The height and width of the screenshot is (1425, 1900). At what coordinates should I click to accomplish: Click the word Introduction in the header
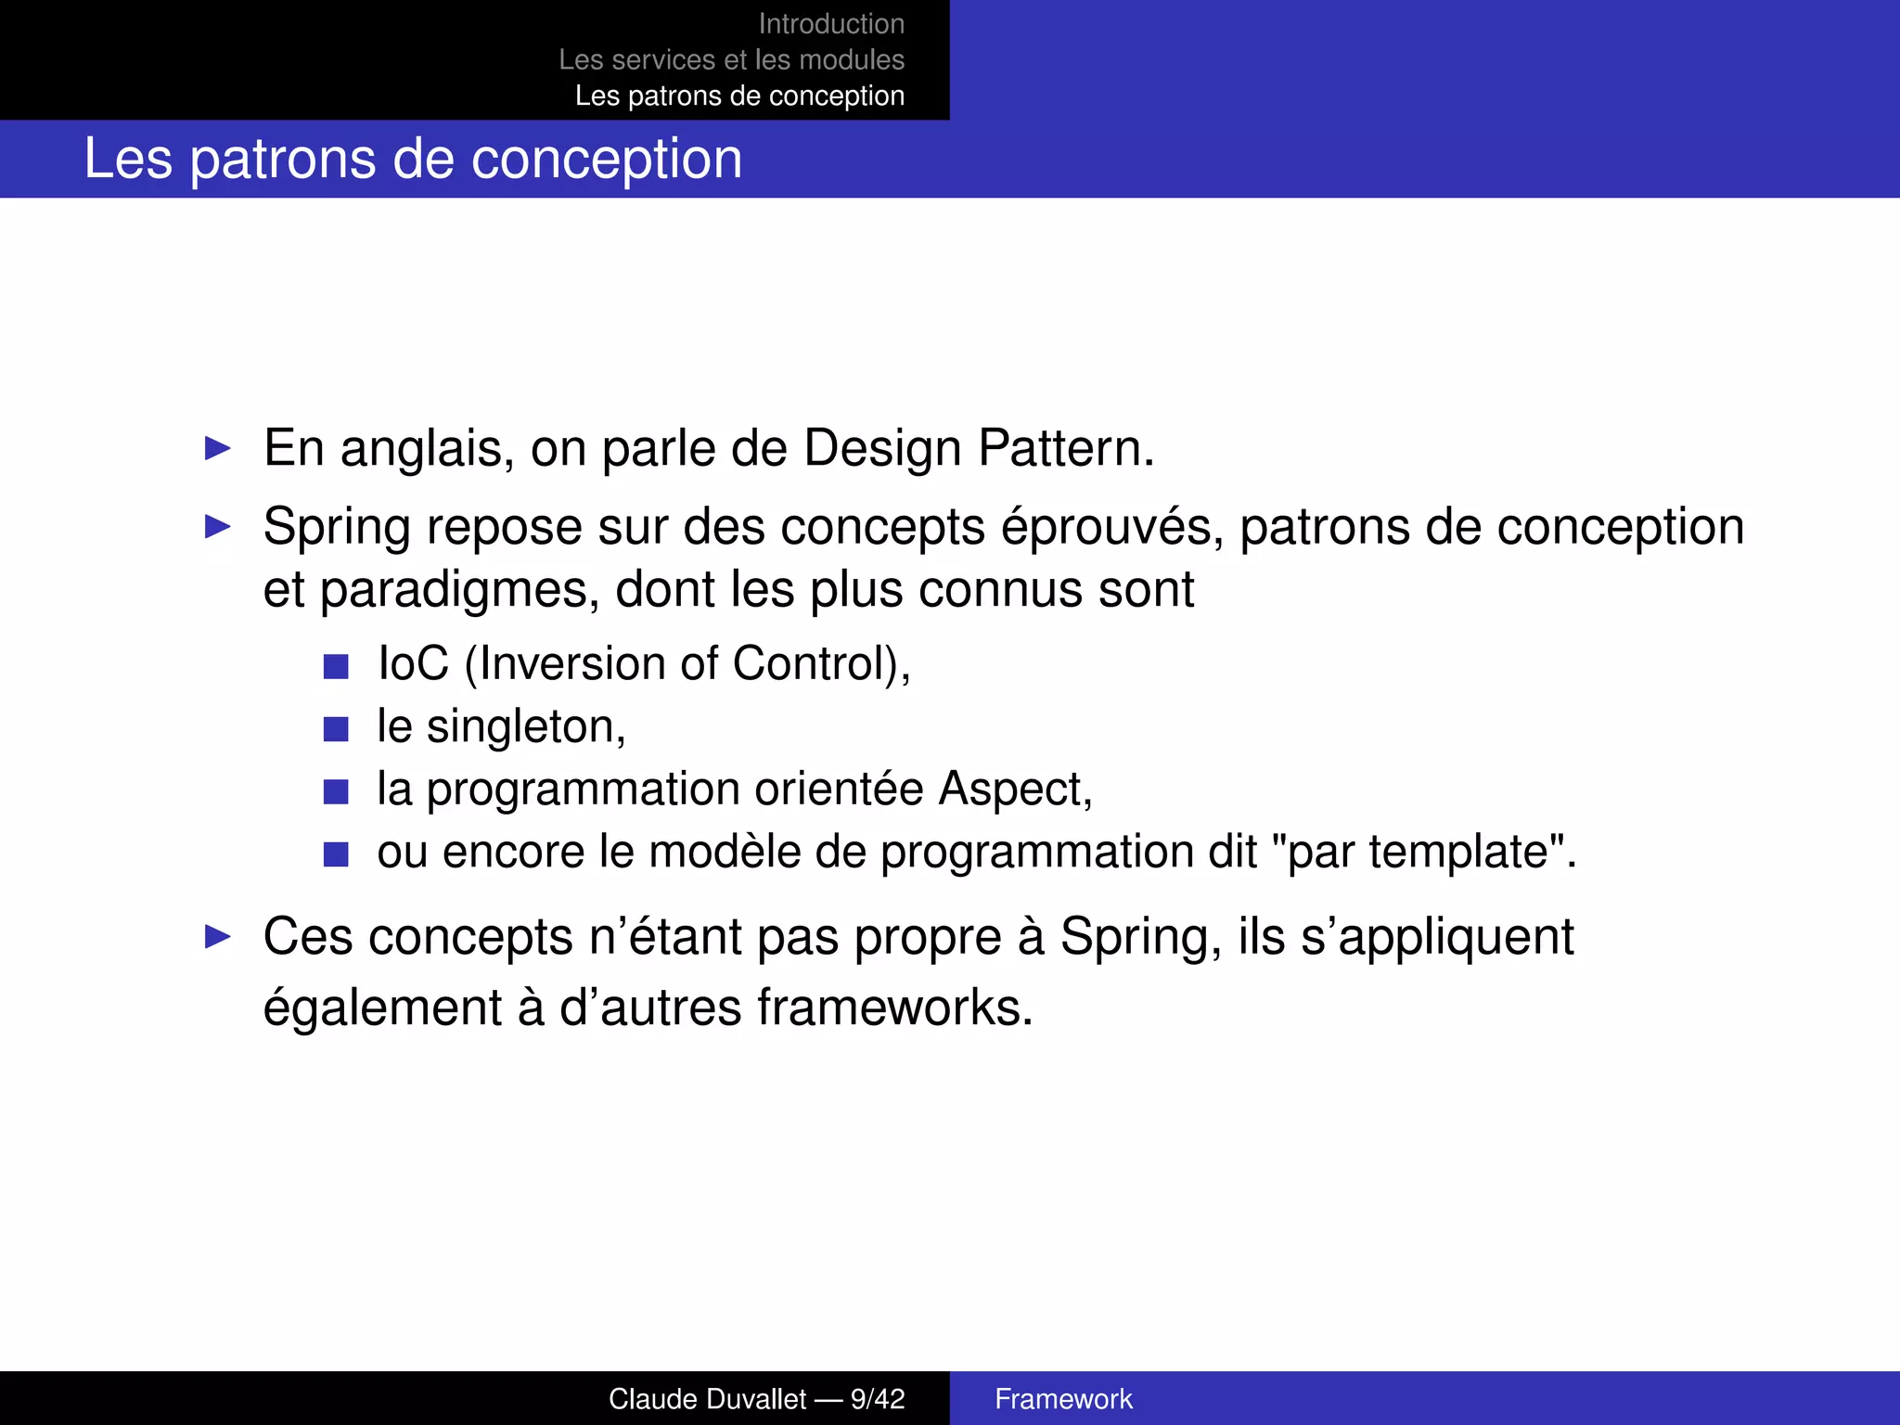[x=831, y=24]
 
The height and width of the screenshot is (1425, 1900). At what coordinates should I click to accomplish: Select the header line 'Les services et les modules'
[x=731, y=60]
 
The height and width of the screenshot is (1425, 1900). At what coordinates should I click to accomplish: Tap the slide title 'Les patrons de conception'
[x=413, y=159]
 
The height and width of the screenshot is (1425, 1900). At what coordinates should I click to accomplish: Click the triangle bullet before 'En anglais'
[x=218, y=449]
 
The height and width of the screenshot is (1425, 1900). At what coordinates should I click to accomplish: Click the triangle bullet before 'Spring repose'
[x=218, y=527]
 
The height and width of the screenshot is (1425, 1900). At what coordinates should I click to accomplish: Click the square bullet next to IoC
[x=336, y=666]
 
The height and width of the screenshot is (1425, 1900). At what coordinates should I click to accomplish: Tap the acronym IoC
[x=413, y=664]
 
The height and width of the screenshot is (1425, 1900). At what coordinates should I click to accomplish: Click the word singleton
[x=525, y=726]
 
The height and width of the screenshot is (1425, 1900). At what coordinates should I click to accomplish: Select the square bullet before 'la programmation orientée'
[x=336, y=791]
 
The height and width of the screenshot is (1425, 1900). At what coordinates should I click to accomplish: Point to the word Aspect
[x=1014, y=790]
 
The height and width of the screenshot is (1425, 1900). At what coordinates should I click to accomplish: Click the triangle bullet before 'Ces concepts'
[x=218, y=937]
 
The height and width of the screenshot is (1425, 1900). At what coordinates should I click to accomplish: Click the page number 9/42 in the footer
[x=878, y=1399]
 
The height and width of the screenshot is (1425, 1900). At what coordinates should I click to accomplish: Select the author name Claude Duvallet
[x=707, y=1399]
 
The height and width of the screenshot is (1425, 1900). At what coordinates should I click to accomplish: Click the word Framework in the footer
[x=1063, y=1399]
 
